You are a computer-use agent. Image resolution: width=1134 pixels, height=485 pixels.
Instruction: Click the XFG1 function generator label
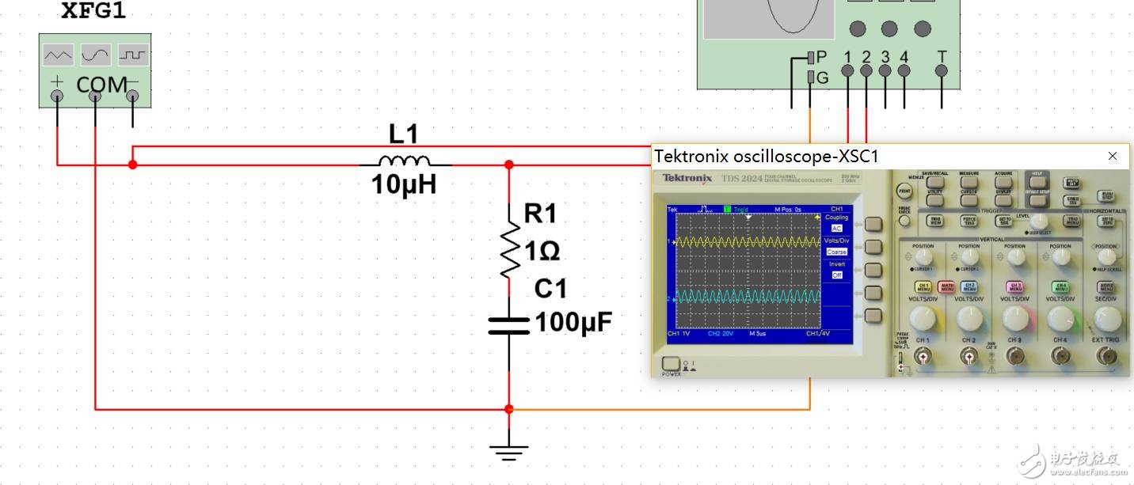pyautogui.click(x=93, y=13)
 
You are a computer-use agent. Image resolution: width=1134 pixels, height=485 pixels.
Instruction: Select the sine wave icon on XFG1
pyautogui.click(x=95, y=55)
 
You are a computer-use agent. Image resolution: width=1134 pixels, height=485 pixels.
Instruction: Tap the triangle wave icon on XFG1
pyautogui.click(x=58, y=55)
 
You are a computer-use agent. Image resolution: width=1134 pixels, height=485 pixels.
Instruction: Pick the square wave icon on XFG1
pyautogui.click(x=133, y=55)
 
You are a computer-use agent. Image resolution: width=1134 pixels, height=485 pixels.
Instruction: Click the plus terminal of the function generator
pyautogui.click(x=57, y=96)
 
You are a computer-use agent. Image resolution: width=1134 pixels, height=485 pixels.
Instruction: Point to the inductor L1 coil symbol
pyautogui.click(x=405, y=159)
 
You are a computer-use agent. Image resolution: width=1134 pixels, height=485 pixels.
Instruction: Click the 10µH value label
pyautogui.click(x=404, y=185)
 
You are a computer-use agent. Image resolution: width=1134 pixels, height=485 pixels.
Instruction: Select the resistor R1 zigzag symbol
pyautogui.click(x=509, y=249)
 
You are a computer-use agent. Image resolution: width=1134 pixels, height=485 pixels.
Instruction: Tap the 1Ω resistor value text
pyautogui.click(x=542, y=251)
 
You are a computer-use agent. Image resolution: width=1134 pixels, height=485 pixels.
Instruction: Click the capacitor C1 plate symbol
pyautogui.click(x=508, y=325)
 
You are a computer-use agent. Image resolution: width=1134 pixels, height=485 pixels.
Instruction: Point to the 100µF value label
pyautogui.click(x=573, y=323)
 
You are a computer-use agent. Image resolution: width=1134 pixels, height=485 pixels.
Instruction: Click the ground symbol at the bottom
pyautogui.click(x=508, y=453)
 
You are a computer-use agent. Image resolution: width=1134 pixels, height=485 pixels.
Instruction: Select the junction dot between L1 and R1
pyautogui.click(x=509, y=165)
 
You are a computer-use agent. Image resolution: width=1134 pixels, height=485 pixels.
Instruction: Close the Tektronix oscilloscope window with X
pyautogui.click(x=1113, y=156)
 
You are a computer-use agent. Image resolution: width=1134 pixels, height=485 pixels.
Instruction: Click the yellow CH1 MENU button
pyautogui.click(x=923, y=286)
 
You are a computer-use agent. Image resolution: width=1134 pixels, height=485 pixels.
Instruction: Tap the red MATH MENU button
pyautogui.click(x=946, y=286)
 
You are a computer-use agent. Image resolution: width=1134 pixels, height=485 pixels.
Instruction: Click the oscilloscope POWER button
pyautogui.click(x=670, y=366)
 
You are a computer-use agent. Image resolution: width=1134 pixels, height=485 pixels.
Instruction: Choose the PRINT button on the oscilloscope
pyautogui.click(x=904, y=191)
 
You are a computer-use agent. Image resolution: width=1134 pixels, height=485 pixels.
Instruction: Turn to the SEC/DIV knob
pyautogui.click(x=1106, y=319)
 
